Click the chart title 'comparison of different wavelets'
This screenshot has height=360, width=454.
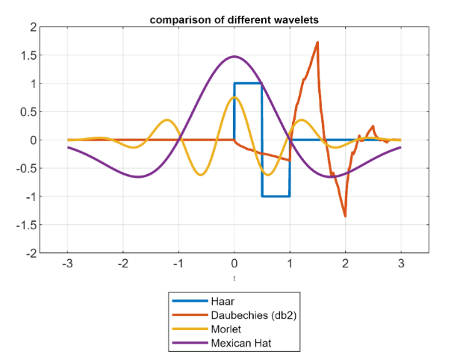coord(234,18)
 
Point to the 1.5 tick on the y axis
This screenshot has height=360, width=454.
coord(29,55)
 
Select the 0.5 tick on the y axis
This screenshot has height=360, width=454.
coord(29,112)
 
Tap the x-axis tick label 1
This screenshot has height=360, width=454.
coord(290,264)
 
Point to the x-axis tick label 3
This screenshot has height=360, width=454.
coord(401,264)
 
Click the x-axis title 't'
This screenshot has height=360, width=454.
coord(234,279)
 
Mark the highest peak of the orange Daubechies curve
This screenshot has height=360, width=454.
coord(317,43)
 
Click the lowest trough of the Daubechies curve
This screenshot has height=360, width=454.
coord(345,216)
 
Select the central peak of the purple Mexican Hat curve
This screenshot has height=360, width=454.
coord(234,57)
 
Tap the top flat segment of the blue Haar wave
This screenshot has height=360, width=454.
coord(248,84)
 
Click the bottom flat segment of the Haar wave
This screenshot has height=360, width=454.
coord(276,196)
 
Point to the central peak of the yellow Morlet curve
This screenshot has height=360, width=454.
coord(234,98)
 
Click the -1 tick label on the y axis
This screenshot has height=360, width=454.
coord(31,196)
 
